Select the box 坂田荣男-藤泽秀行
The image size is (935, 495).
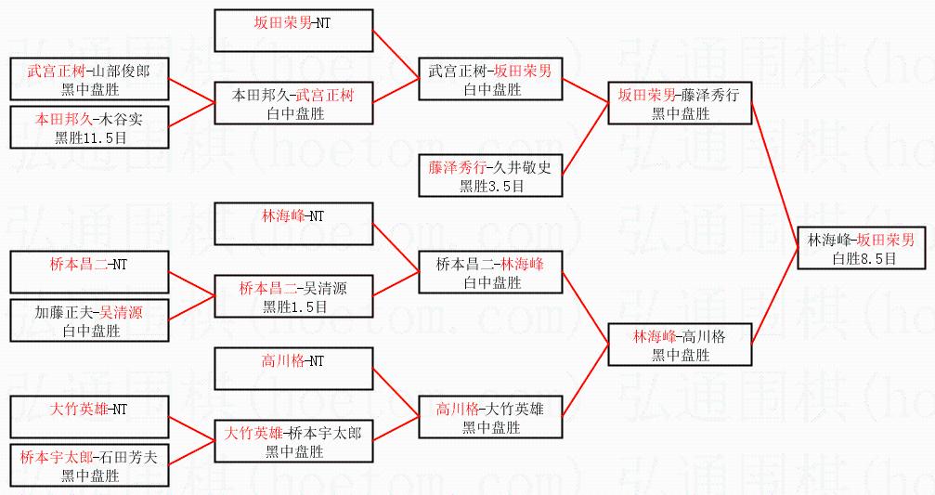[x=680, y=102]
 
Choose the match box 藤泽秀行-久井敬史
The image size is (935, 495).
[x=490, y=176]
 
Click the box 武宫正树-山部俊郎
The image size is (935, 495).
[x=90, y=78]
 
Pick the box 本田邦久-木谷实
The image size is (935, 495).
[x=90, y=128]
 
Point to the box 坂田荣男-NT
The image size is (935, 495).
[x=293, y=30]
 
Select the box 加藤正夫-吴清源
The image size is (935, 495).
[x=90, y=320]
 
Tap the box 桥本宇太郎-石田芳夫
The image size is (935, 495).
[x=90, y=465]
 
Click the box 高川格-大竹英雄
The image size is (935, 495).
[x=490, y=416]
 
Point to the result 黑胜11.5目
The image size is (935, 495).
[x=90, y=137]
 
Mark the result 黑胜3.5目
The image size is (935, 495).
[x=490, y=186]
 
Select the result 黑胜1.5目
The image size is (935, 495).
[x=293, y=306]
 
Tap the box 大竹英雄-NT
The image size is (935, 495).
[x=90, y=416]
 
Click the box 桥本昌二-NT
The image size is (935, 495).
[x=90, y=272]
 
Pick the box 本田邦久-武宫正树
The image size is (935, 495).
[x=293, y=102]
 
